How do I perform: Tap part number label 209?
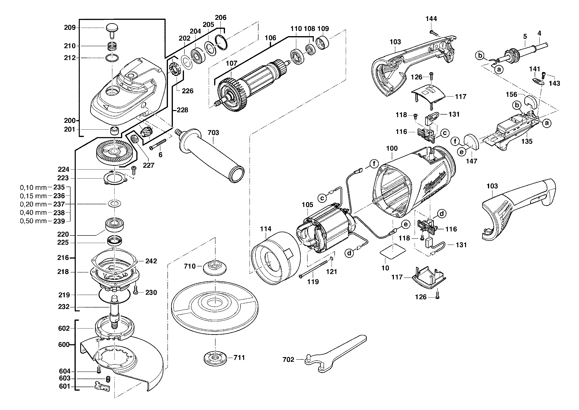pos(70,28)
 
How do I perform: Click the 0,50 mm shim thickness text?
pos(33,221)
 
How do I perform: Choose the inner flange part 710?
pos(215,267)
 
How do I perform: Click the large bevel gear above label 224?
pos(115,151)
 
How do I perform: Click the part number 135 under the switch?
pos(527,141)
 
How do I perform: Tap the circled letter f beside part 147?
pos(455,141)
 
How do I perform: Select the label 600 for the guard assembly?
pos(63,345)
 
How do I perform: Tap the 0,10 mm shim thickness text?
pos(33,188)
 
